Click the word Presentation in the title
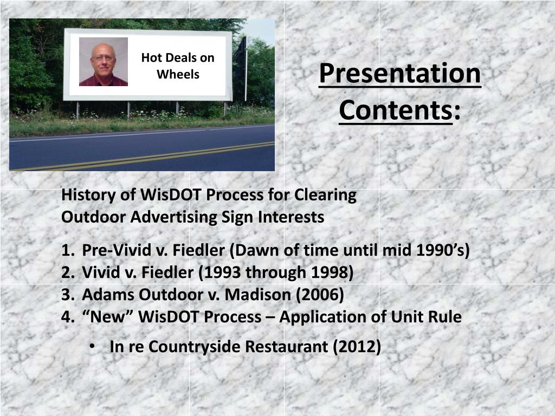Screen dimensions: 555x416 (x=400, y=73)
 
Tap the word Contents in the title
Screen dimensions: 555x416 (x=396, y=110)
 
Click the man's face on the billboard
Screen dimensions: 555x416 (x=103, y=58)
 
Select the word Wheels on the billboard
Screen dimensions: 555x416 (x=178, y=74)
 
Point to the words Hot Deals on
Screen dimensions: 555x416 (x=178, y=57)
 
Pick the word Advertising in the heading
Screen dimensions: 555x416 (x=173, y=217)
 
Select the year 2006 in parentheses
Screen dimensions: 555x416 (x=320, y=295)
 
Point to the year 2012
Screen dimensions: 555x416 (x=357, y=346)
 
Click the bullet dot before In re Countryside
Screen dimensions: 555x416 (x=92, y=347)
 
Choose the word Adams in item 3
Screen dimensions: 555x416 (x=108, y=295)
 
